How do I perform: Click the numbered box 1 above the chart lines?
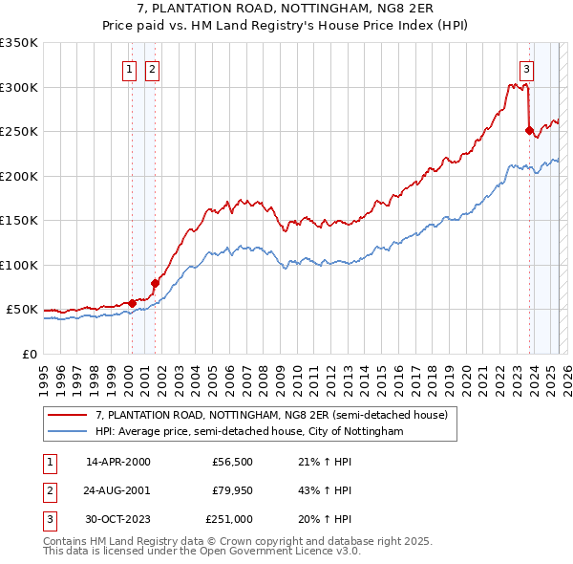click(x=129, y=68)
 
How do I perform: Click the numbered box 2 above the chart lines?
click(x=152, y=68)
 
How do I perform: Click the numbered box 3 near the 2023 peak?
click(x=526, y=68)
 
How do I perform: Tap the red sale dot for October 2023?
click(x=529, y=131)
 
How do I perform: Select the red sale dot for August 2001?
click(x=155, y=283)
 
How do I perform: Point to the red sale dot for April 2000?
click(x=132, y=304)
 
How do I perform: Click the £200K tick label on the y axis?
click(x=18, y=176)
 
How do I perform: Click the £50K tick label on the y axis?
click(x=22, y=310)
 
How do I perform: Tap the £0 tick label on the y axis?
click(x=29, y=354)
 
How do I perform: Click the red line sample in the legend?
click(x=67, y=415)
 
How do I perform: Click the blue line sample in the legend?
click(x=67, y=432)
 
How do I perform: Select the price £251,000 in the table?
click(x=229, y=519)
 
